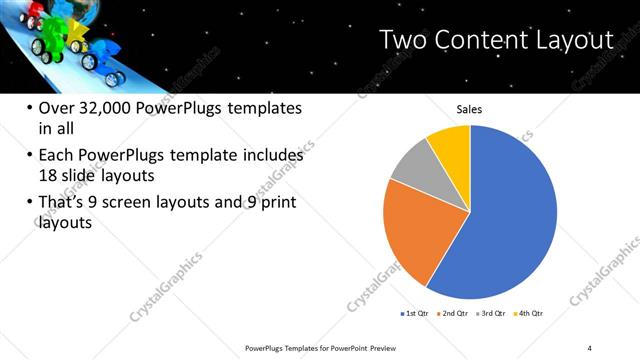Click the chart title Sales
pos(470,109)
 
